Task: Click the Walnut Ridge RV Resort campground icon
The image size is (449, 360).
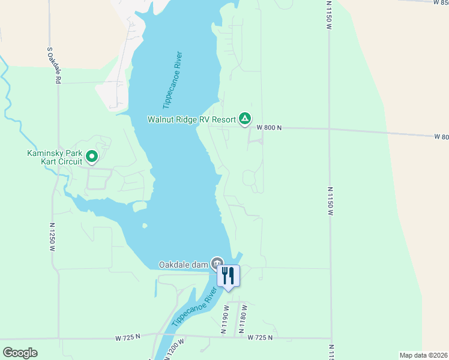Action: tap(244, 119)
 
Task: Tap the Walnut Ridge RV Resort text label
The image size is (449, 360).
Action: tap(192, 119)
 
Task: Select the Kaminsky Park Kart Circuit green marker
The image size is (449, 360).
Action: tap(92, 157)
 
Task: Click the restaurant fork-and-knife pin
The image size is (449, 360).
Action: tap(228, 277)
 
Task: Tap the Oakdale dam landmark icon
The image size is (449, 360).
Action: tap(217, 263)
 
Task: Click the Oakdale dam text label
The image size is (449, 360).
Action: tap(183, 264)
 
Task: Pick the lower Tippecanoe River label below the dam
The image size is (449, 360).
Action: tap(194, 307)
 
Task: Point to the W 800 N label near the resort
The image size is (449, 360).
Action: tap(269, 128)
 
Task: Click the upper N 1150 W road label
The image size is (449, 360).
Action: tap(329, 12)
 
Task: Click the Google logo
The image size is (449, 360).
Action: tap(20, 353)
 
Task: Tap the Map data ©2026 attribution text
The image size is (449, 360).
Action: tap(423, 355)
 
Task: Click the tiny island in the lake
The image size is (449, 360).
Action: tap(145, 226)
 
